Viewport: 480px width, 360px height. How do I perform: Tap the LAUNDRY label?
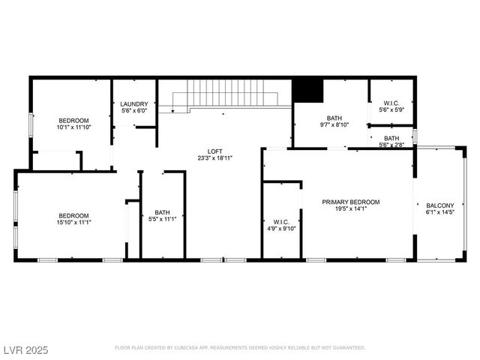coord(134,104)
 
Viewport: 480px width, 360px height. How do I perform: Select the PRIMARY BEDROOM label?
coord(350,202)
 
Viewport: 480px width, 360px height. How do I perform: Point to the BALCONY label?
coord(439,205)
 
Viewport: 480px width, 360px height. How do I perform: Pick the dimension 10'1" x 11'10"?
coord(74,127)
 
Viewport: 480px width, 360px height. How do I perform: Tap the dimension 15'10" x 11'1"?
coord(74,221)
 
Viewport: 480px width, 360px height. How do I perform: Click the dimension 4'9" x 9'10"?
coord(282,229)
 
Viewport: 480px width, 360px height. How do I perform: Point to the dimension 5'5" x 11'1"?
coord(163,219)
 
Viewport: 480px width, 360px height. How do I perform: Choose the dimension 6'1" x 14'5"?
coord(439,213)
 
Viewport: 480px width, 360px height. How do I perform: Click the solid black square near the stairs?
coord(307,91)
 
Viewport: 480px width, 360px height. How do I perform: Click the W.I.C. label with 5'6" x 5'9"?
coord(391,103)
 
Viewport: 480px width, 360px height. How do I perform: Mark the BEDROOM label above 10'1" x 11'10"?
coord(74,120)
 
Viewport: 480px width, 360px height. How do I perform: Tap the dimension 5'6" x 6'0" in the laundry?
coord(134,111)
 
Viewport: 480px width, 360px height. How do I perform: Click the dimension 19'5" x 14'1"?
coord(350,209)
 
